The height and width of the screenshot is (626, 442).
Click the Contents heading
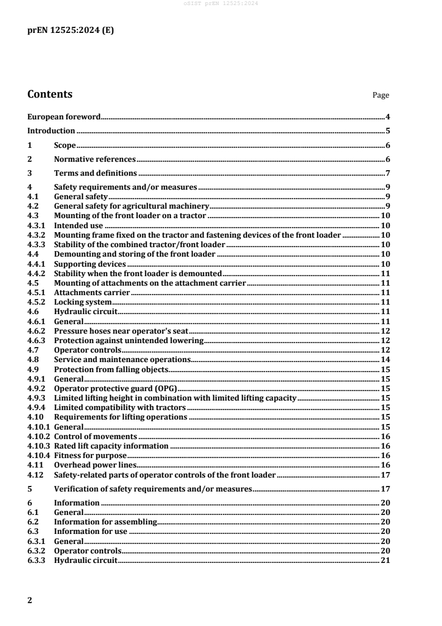point(50,94)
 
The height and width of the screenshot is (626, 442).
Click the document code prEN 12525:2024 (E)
point(71,31)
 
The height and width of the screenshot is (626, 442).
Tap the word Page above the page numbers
point(381,95)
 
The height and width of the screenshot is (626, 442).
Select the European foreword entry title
point(64,117)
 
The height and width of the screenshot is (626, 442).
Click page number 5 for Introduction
point(387,131)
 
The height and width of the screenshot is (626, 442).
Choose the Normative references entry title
point(95,160)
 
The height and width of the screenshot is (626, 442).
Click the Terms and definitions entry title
point(95,174)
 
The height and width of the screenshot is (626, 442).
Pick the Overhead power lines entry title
point(95,465)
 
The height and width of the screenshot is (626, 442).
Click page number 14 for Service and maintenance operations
point(385,359)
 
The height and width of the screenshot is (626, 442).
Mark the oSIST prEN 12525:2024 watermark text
point(221,3)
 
